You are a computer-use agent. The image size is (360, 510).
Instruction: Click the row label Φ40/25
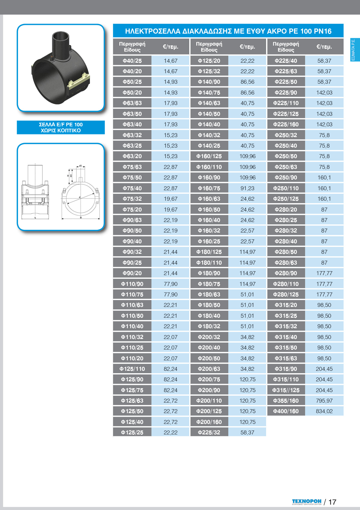click(132, 61)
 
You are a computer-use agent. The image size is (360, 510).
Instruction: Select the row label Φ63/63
click(132, 103)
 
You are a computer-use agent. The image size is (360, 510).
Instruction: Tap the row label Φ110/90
click(132, 284)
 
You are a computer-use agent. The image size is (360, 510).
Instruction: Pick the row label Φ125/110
click(132, 369)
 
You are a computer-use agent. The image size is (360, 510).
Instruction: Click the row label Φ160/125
click(209, 156)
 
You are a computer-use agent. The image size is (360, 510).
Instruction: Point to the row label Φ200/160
click(209, 422)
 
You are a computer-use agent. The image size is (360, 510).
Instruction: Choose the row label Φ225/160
click(286, 124)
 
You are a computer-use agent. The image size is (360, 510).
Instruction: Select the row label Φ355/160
click(286, 400)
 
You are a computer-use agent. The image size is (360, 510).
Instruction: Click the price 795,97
click(324, 400)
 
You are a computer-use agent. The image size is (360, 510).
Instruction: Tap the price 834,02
click(324, 411)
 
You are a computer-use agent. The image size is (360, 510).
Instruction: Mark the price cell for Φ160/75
click(247, 188)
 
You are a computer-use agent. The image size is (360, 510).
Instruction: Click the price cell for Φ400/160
click(324, 411)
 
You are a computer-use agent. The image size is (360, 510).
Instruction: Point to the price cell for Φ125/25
click(170, 432)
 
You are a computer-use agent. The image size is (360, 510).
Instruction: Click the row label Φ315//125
click(286, 390)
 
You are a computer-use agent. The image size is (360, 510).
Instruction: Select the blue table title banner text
click(228, 31)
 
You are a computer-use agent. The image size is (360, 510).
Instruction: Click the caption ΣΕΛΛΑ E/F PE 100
click(61, 124)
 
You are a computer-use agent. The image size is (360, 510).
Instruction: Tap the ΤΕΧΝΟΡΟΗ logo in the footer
click(307, 501)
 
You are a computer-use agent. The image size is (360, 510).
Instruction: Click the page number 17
click(332, 502)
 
